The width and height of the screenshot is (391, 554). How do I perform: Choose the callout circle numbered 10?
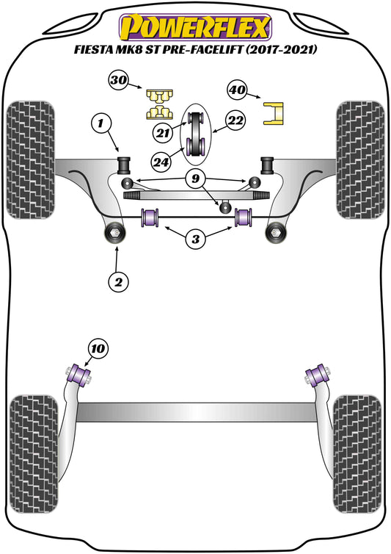click(97, 348)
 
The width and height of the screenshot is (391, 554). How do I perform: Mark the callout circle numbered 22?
click(235, 120)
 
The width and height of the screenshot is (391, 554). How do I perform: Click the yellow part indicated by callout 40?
click(274, 112)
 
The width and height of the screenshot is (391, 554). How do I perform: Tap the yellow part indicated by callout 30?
click(157, 104)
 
